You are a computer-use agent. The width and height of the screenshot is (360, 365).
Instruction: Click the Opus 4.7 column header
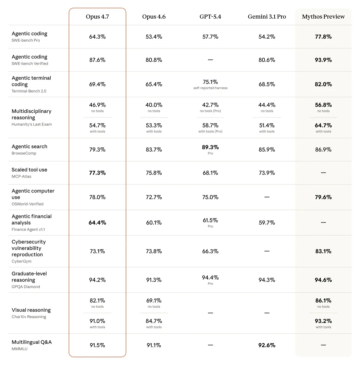[x=97, y=17]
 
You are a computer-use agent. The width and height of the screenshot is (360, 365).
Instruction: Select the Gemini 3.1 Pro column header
[x=267, y=17]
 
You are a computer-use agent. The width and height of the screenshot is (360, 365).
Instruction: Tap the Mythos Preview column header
[x=323, y=17]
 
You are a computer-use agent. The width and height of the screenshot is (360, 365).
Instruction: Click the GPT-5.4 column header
[x=210, y=17]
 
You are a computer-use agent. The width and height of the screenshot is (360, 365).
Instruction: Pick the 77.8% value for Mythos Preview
[x=323, y=37]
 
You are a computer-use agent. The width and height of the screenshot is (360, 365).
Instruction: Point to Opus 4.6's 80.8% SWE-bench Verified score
[x=154, y=60]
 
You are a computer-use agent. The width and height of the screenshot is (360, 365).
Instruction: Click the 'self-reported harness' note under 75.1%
[x=210, y=88]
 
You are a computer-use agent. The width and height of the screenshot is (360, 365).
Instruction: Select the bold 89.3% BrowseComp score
[x=210, y=147]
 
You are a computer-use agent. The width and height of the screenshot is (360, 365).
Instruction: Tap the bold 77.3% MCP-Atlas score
[x=97, y=173]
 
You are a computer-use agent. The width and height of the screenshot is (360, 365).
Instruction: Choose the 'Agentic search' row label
[x=29, y=147]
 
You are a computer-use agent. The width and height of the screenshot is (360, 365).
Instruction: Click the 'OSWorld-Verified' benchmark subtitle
[x=28, y=204]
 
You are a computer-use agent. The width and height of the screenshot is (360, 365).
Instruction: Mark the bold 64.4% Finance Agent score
[x=97, y=222]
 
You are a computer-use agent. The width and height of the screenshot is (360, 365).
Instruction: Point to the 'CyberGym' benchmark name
[x=21, y=261]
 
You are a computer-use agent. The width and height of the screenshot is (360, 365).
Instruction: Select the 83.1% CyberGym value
[x=323, y=251]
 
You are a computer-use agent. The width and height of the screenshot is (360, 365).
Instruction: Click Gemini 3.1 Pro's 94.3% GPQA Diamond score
[x=267, y=280]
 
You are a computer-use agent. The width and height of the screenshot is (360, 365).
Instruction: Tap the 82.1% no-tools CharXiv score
[x=97, y=300]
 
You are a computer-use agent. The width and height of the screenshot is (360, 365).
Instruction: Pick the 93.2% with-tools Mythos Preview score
[x=323, y=321]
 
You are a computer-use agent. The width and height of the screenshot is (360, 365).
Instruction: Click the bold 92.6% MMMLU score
[x=267, y=345]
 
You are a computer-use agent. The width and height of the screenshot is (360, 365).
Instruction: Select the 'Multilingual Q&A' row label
[x=32, y=342]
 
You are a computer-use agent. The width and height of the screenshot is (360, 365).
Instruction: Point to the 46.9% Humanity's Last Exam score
[x=97, y=105]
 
